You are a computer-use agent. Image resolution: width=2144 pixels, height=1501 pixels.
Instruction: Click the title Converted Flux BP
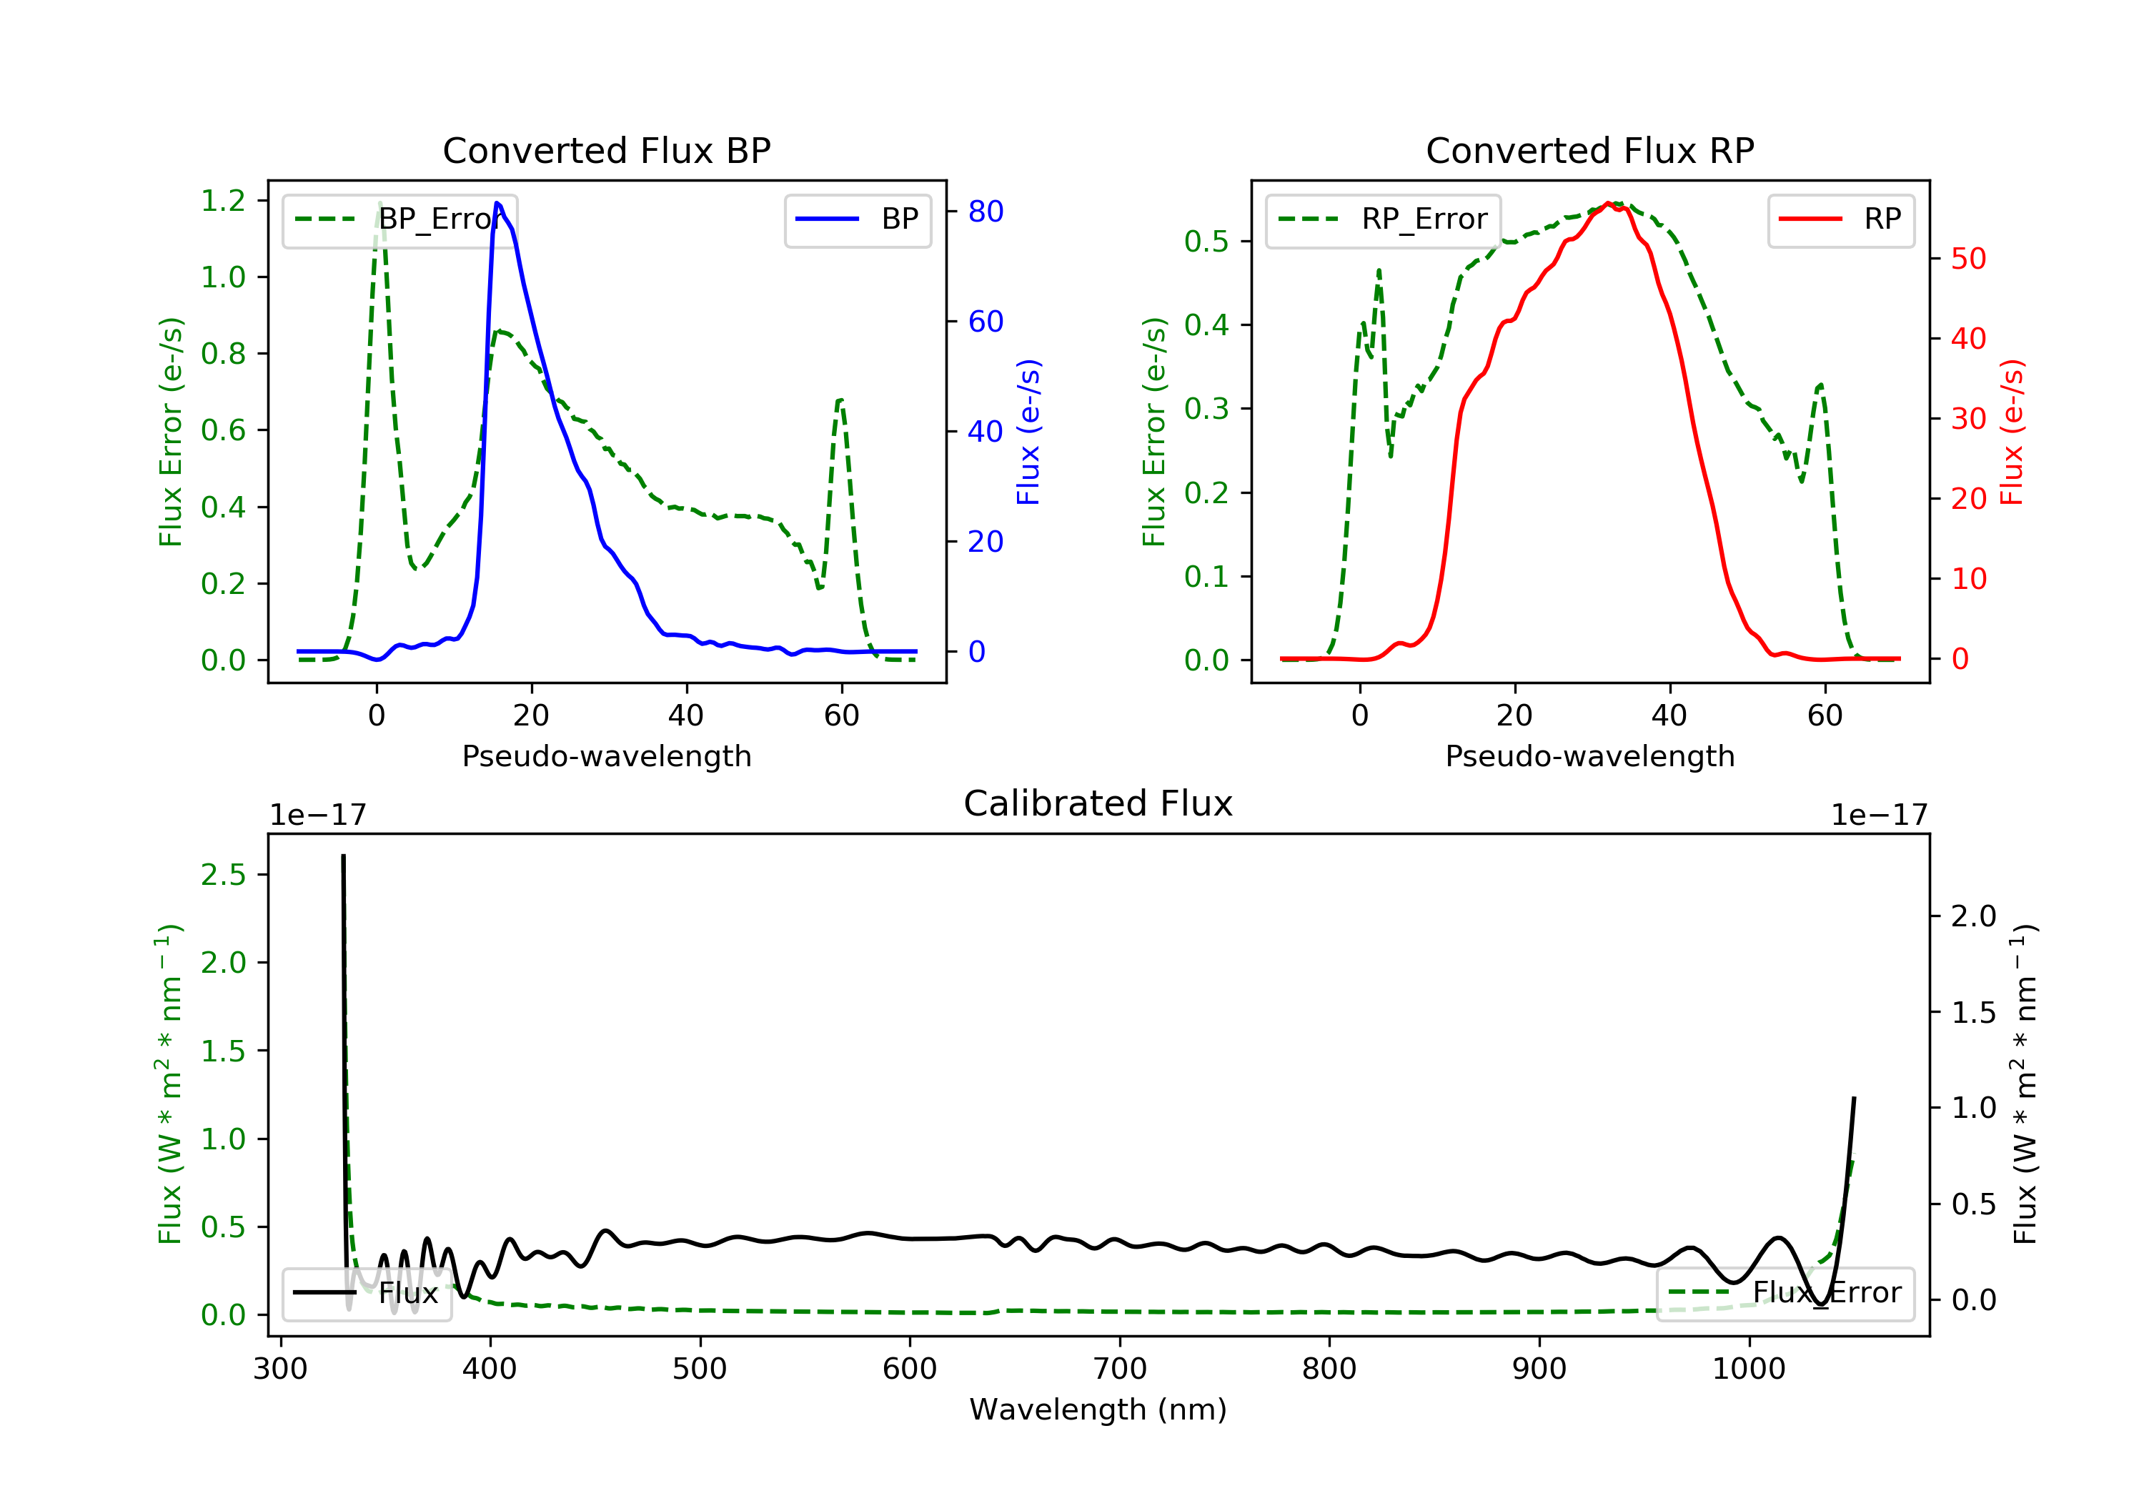[607, 150]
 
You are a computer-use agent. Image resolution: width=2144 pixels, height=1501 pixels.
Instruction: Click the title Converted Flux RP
[1589, 150]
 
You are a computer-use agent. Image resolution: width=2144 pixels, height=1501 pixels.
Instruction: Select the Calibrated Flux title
[1098, 803]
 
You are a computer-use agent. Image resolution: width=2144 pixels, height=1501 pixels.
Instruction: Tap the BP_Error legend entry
[399, 219]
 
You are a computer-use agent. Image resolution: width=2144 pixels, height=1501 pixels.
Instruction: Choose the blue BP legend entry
[857, 219]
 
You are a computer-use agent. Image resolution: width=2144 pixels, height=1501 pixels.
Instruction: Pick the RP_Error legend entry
[1383, 219]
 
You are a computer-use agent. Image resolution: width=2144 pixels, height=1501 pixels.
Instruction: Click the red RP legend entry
[1840, 219]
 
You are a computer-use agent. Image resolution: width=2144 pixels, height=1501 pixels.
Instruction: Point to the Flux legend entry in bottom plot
[366, 1293]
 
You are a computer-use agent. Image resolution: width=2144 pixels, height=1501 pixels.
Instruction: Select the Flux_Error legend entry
[1785, 1293]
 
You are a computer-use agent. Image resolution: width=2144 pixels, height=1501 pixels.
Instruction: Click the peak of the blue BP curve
[497, 203]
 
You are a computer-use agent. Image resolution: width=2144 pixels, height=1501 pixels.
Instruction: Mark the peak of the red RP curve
[1608, 203]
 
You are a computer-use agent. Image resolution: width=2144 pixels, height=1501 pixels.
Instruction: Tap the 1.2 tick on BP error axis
[223, 201]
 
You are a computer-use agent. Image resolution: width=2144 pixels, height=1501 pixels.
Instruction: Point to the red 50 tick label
[1968, 259]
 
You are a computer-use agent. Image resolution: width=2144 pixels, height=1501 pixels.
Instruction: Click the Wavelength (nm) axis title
[1098, 1410]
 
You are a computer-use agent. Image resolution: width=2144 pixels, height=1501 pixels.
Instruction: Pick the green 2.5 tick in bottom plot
[223, 875]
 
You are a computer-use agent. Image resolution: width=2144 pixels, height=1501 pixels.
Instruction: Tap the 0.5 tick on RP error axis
[1206, 241]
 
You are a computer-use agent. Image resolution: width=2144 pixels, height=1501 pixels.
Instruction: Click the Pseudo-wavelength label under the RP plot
[1589, 756]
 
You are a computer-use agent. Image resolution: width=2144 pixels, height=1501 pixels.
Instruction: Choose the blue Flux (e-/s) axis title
[1028, 432]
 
